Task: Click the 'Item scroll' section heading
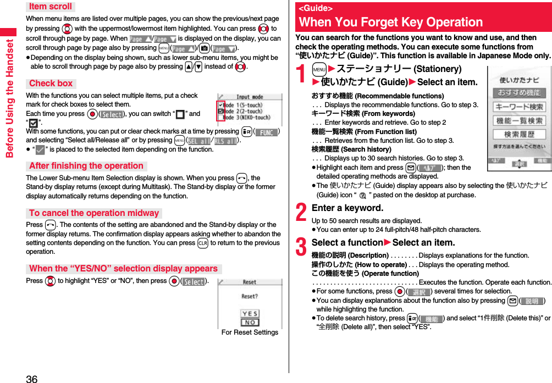pyautogui.click(x=50, y=7)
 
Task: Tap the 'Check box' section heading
pyautogui.click(x=51, y=84)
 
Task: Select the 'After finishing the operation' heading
pyautogui.click(x=86, y=166)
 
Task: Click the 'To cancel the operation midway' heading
pyautogui.click(x=94, y=213)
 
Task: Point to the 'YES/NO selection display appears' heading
pyautogui.click(x=124, y=269)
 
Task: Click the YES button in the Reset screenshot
pyautogui.click(x=250, y=314)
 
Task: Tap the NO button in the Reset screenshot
pyautogui.click(x=250, y=323)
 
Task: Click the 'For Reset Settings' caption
pyautogui.click(x=250, y=332)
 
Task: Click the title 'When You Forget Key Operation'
pyautogui.click(x=391, y=23)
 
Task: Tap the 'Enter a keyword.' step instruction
pyautogui.click(x=347, y=208)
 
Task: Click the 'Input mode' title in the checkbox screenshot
pyautogui.click(x=250, y=97)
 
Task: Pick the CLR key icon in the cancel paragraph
pyautogui.click(x=202, y=243)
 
